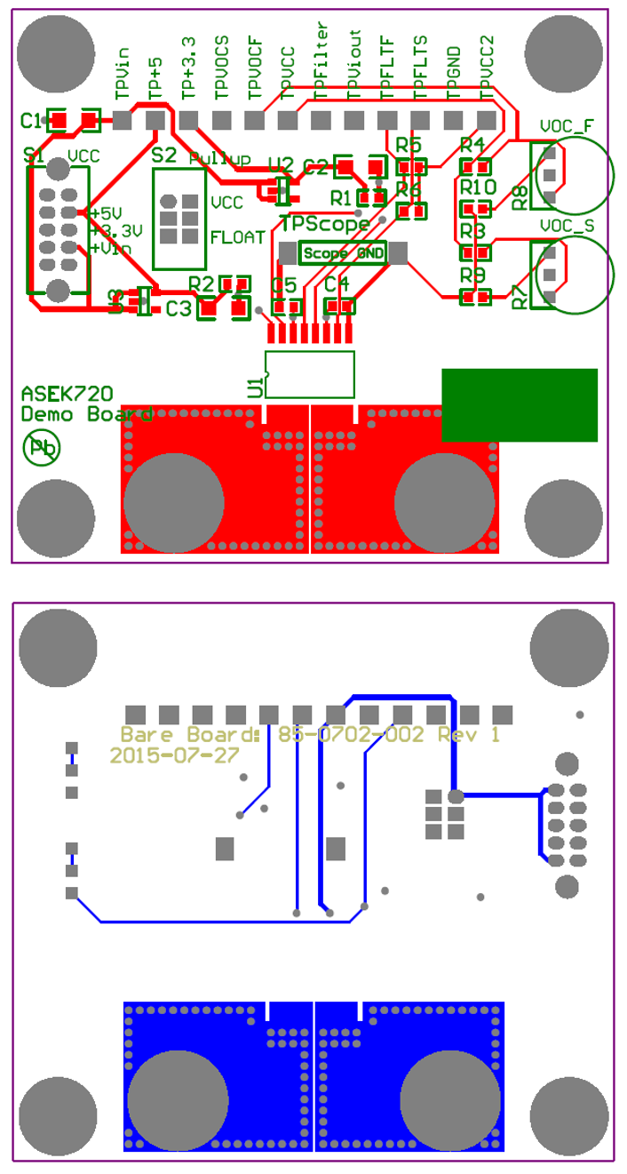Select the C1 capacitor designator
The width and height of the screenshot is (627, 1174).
coord(31,119)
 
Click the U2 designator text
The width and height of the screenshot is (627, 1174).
coord(281,164)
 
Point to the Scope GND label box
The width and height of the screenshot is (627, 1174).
coord(343,253)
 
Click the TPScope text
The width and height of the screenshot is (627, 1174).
coord(324,224)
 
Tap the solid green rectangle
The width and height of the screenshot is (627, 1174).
coord(520,404)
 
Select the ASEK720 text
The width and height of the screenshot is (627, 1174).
coord(67,394)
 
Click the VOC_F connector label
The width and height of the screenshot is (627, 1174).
coord(567,126)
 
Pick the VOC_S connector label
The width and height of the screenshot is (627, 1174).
coord(567,227)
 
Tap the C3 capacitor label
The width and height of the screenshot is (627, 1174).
coord(179,309)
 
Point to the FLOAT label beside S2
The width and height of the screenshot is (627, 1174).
coord(237,237)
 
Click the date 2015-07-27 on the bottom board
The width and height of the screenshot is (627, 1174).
coord(174,755)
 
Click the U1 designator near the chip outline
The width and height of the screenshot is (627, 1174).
coord(256,386)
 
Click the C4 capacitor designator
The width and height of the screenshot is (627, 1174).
coord(337,284)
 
